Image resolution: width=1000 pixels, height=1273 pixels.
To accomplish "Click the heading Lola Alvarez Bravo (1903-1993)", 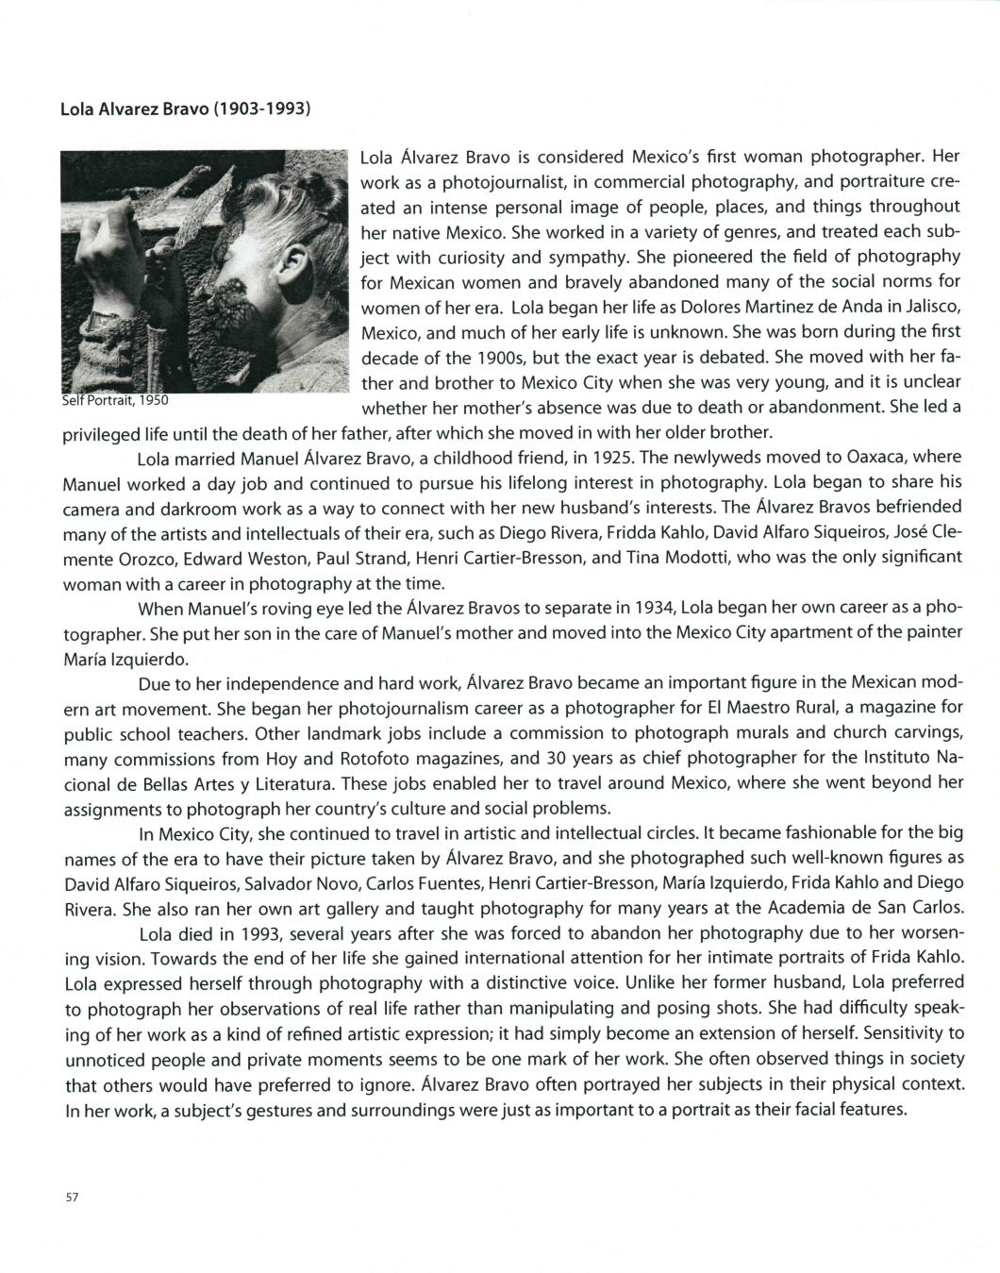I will pos(185,108).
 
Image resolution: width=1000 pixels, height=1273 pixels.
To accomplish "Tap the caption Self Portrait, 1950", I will pos(115,400).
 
